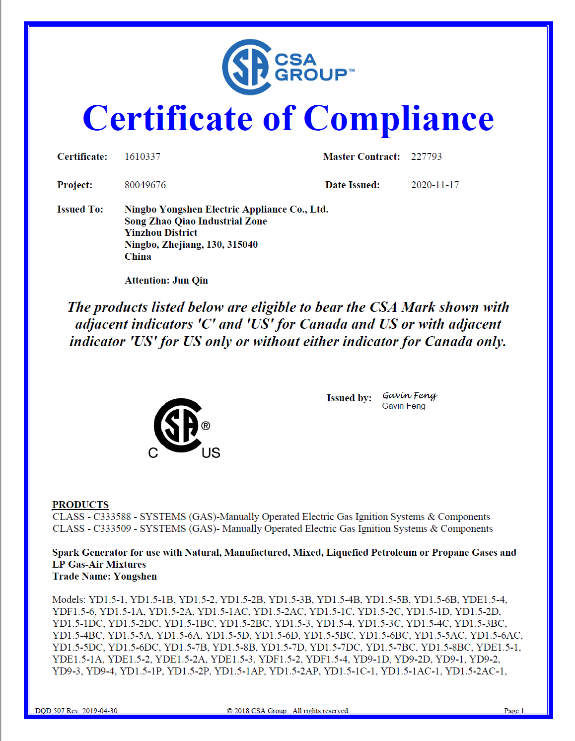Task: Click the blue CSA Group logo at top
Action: coord(287,67)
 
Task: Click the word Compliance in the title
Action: coord(398,119)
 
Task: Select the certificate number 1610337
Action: coord(143,157)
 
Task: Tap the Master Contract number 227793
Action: coord(426,157)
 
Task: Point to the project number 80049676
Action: coord(145,185)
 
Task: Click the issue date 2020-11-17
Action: coord(435,185)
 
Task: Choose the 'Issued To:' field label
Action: coord(80,210)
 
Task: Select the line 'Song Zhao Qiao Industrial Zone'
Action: coord(196,222)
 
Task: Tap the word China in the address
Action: coord(138,257)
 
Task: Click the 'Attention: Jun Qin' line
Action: coord(166,281)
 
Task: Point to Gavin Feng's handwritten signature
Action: coord(410,395)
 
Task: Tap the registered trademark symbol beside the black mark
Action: coord(206,426)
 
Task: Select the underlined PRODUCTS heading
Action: coord(80,505)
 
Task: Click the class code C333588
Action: coord(112,517)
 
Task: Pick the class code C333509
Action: coord(112,529)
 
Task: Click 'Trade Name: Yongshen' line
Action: coord(104,577)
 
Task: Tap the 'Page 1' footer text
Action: coord(514,711)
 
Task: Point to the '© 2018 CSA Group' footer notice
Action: coord(288,711)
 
